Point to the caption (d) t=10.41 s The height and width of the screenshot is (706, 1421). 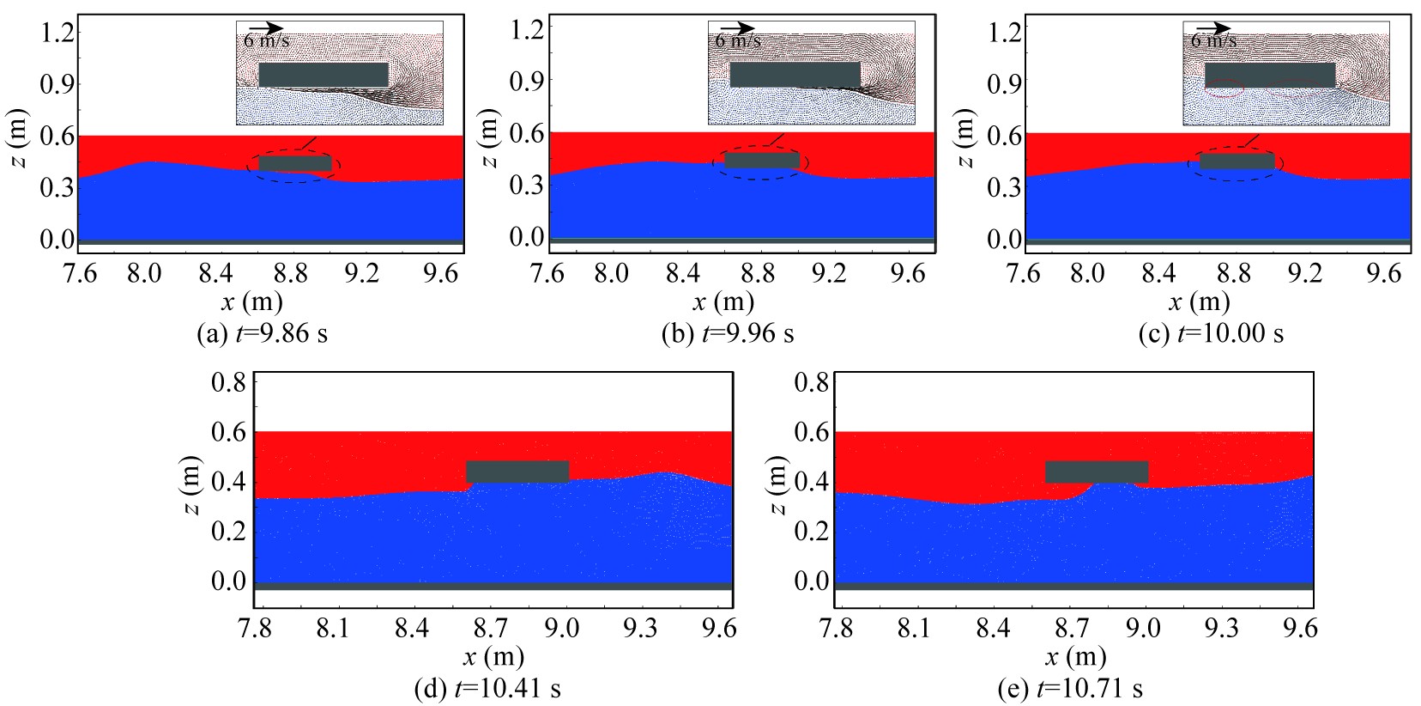[x=487, y=689]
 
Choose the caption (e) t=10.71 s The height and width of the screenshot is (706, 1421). [x=1070, y=689]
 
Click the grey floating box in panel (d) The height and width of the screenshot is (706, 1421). [x=517, y=472]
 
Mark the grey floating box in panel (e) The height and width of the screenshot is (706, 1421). [x=1097, y=472]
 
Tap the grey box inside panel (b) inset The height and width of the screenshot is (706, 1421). [x=795, y=74]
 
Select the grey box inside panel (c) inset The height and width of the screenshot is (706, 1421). [x=1269, y=75]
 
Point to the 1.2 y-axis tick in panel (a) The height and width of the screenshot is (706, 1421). [x=59, y=33]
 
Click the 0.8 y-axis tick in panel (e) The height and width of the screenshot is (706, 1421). [x=811, y=382]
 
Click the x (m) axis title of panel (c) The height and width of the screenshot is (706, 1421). [x=1199, y=302]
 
